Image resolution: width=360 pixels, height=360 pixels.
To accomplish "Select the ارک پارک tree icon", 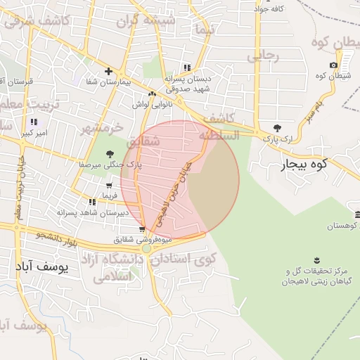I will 277,127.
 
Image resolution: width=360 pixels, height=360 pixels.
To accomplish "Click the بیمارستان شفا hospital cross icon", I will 108,71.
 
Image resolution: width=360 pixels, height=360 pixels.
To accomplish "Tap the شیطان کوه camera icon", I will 333,65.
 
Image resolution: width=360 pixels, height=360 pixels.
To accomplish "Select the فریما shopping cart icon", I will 108,186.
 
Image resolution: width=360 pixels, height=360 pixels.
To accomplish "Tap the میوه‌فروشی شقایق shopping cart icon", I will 142,229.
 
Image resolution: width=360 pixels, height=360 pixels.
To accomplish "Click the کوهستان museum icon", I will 357,214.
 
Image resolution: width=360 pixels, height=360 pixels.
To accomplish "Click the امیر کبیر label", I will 33,132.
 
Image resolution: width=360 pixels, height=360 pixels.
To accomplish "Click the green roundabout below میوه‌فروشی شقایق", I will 146,248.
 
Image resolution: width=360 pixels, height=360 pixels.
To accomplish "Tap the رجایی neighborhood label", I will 266,54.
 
